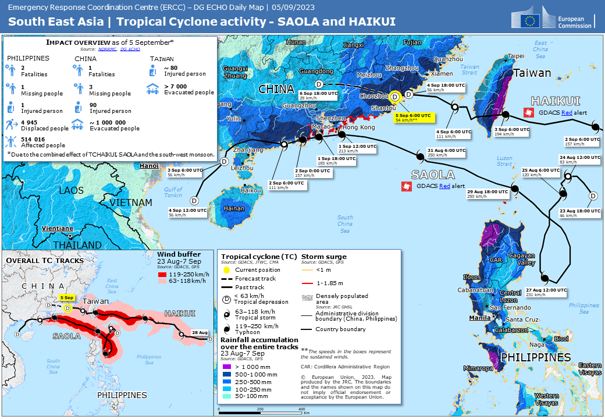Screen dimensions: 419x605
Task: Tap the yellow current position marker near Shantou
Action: pos(395,97)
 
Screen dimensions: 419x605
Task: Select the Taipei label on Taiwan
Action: pos(516,57)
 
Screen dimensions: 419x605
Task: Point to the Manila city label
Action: pos(480,318)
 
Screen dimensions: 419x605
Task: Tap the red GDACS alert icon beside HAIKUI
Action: pos(529,112)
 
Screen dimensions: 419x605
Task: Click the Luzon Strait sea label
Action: pos(505,161)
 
